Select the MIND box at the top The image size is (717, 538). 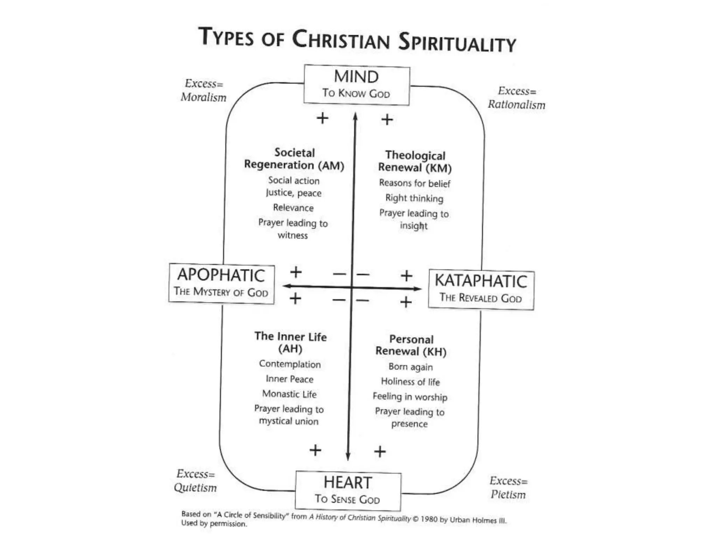(x=356, y=85)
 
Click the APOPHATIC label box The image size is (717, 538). (x=221, y=283)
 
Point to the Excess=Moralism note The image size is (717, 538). (x=203, y=90)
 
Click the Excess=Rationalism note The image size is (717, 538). (x=517, y=98)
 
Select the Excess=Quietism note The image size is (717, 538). (x=195, y=481)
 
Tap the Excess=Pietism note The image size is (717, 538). (x=508, y=488)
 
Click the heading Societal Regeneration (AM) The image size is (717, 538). (x=294, y=159)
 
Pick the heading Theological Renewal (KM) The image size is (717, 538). (x=415, y=161)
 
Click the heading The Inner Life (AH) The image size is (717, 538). (x=290, y=342)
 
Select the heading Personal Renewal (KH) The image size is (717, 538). (x=411, y=345)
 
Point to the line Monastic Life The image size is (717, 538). (x=289, y=394)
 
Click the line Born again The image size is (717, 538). (x=411, y=367)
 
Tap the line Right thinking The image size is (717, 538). (x=414, y=198)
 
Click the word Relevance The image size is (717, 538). (x=293, y=208)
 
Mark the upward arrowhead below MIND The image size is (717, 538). (x=355, y=116)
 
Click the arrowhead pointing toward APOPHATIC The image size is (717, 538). (x=287, y=286)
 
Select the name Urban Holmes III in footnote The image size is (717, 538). (x=478, y=520)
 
